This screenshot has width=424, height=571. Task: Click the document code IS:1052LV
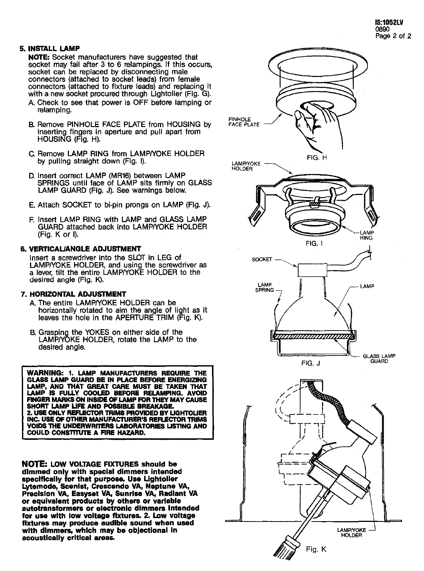[x=389, y=22]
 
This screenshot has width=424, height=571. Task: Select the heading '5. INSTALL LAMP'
[x=50, y=48]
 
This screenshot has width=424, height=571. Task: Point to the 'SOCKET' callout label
[x=262, y=259]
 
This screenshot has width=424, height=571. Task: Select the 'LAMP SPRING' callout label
[x=264, y=287]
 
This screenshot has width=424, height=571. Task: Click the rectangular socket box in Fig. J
[x=312, y=270]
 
